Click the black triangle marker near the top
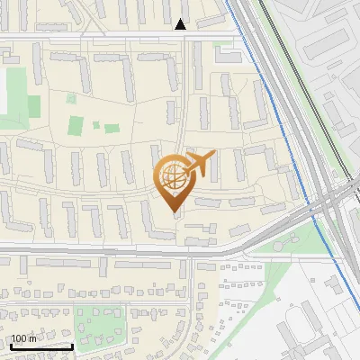[x=182, y=24]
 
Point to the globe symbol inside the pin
[x=175, y=177]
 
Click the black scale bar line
[x=41, y=346]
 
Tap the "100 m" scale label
[x=23, y=338]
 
